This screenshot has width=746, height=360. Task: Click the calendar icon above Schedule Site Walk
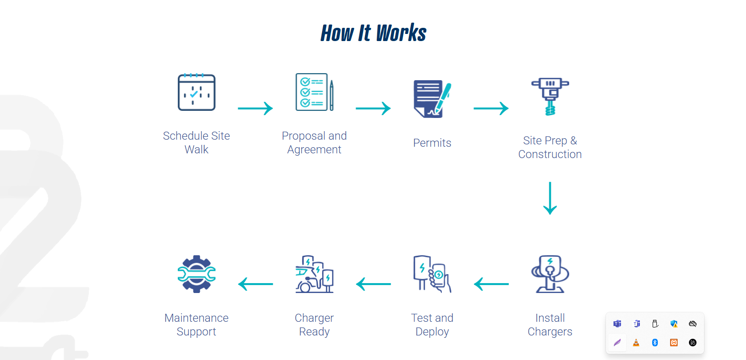point(196,92)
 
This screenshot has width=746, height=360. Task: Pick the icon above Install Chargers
point(550,274)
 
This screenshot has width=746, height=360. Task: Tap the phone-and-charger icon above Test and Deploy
point(432,274)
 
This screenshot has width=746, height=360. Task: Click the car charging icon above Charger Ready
point(314,274)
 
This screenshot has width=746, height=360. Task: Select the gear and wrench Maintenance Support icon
point(196,274)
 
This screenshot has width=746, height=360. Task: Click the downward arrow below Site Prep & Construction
point(550,198)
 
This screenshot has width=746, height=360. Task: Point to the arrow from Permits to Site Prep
point(491,109)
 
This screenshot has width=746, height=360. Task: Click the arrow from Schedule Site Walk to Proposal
point(255,109)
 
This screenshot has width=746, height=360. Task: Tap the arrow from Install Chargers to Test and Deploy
point(491,284)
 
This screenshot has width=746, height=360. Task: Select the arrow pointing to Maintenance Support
point(255,284)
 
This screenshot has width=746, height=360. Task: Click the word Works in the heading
point(401,33)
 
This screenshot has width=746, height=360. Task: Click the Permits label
point(432,143)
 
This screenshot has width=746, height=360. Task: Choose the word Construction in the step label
point(550,154)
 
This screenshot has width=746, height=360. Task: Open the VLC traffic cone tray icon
point(636,343)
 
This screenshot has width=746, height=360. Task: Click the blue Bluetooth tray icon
point(655,343)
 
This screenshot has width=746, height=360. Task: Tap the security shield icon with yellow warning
point(674,324)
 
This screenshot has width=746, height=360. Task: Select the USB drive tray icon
point(655,324)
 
